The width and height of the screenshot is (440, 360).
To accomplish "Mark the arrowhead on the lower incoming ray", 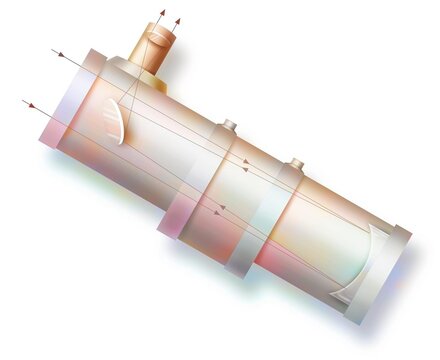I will pos(31,103).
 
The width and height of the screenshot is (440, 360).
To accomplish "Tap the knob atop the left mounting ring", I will pos(229,125).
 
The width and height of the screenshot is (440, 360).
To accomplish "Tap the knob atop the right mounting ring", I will pos(297,162).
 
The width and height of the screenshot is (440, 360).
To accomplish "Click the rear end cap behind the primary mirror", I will pos(385,275).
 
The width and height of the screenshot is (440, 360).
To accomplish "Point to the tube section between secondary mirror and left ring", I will pos(160,150).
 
